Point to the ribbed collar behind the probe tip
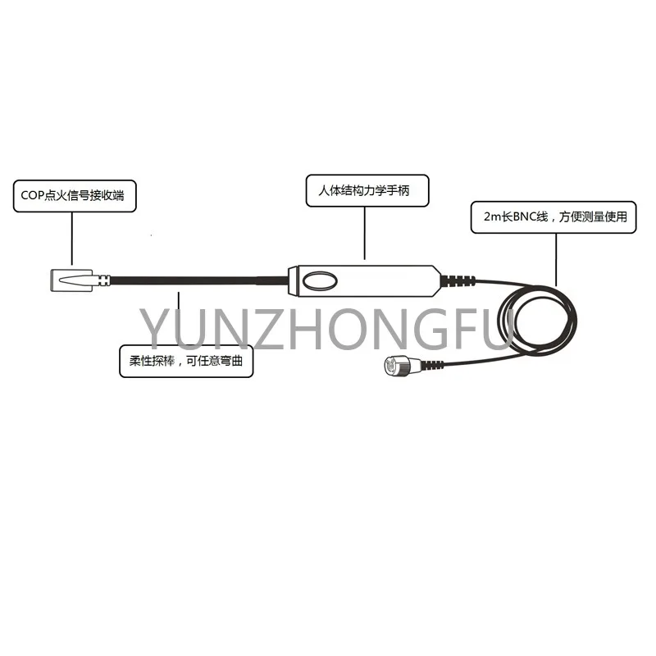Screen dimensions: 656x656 point(102,280)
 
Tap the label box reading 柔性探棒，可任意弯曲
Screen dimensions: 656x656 point(187,361)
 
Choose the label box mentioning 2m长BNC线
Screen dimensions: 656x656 point(553,216)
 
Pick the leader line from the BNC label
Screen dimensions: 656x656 point(557,258)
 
